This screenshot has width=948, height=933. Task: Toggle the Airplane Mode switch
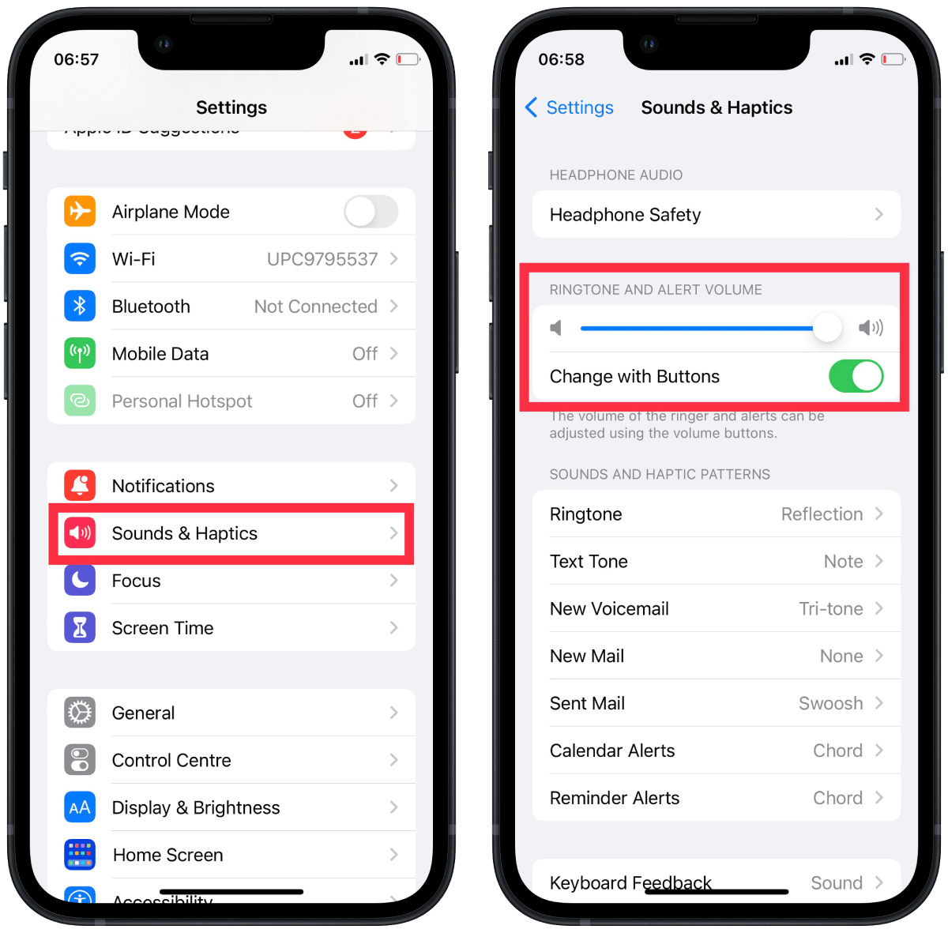371,212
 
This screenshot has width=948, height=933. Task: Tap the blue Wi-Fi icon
80,259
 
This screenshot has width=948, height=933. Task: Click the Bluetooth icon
80,307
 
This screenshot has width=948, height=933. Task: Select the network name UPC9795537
322,259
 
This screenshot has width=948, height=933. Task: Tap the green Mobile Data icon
80,354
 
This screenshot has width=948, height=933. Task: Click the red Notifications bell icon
80,486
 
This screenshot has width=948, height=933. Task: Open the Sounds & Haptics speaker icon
80,533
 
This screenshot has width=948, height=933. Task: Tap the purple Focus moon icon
80,581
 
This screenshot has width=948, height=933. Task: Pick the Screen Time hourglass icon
80,628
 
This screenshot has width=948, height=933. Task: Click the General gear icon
80,713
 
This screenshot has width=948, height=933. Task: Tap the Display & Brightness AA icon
80,807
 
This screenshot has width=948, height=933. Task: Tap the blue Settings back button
570,107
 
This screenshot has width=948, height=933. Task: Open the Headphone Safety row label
625,215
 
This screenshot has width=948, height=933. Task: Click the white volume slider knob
827,327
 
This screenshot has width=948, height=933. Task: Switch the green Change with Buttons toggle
856,376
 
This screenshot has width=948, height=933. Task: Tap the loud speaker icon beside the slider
871,328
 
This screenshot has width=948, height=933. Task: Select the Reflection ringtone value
822,514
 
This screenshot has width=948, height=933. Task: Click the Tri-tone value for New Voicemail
830,609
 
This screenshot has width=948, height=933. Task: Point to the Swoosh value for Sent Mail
830,704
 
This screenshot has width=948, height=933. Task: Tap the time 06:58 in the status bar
561,59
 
